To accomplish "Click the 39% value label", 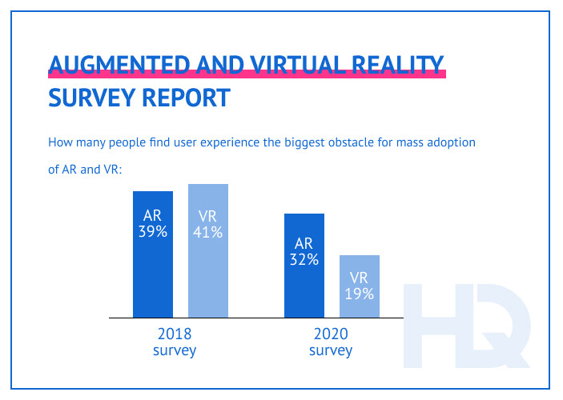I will coord(153,232).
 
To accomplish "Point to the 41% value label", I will coord(208,233).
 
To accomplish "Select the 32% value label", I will coord(305,259).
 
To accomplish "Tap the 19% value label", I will coord(360,294).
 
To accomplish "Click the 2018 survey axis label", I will coord(174,342).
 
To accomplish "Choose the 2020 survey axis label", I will coord(330,342).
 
